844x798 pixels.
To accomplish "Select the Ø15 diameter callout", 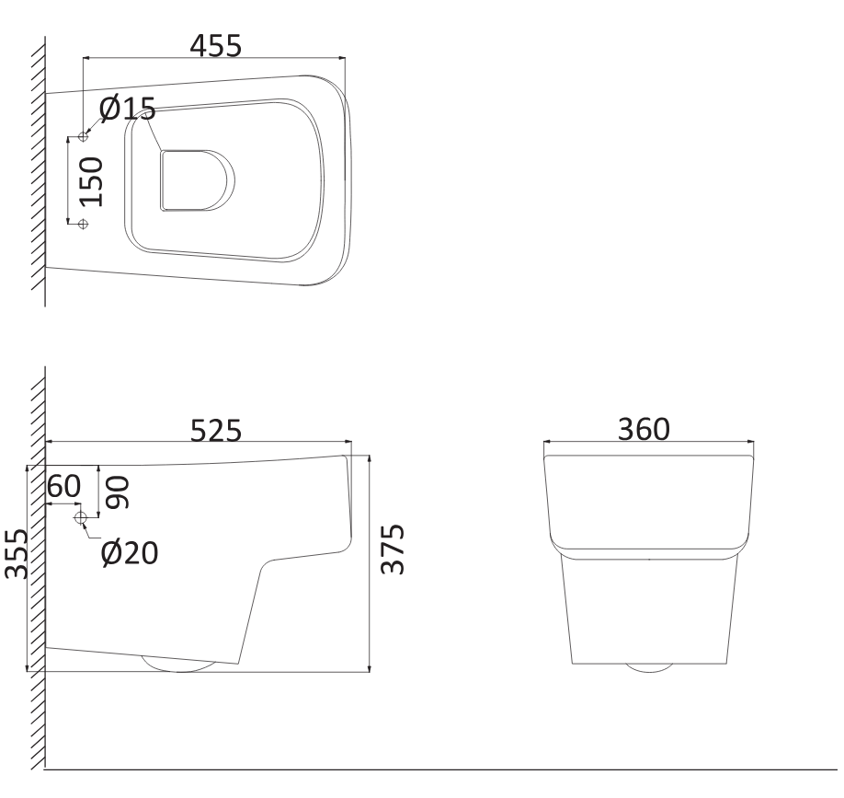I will coord(127,110).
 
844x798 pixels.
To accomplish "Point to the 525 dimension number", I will coord(215,431).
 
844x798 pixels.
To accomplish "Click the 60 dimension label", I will coord(64,486).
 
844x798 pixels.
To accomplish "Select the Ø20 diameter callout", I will coord(129,552).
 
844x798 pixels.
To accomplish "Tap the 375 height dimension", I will coord(393,549).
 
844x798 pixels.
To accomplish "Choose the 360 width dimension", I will coord(644,429).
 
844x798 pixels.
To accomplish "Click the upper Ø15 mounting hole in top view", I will coord(83,137).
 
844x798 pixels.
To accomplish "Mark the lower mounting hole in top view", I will coord(83,223).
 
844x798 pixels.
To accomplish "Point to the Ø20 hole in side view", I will coord(81,519).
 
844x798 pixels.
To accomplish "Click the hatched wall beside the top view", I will coord(38,166).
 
